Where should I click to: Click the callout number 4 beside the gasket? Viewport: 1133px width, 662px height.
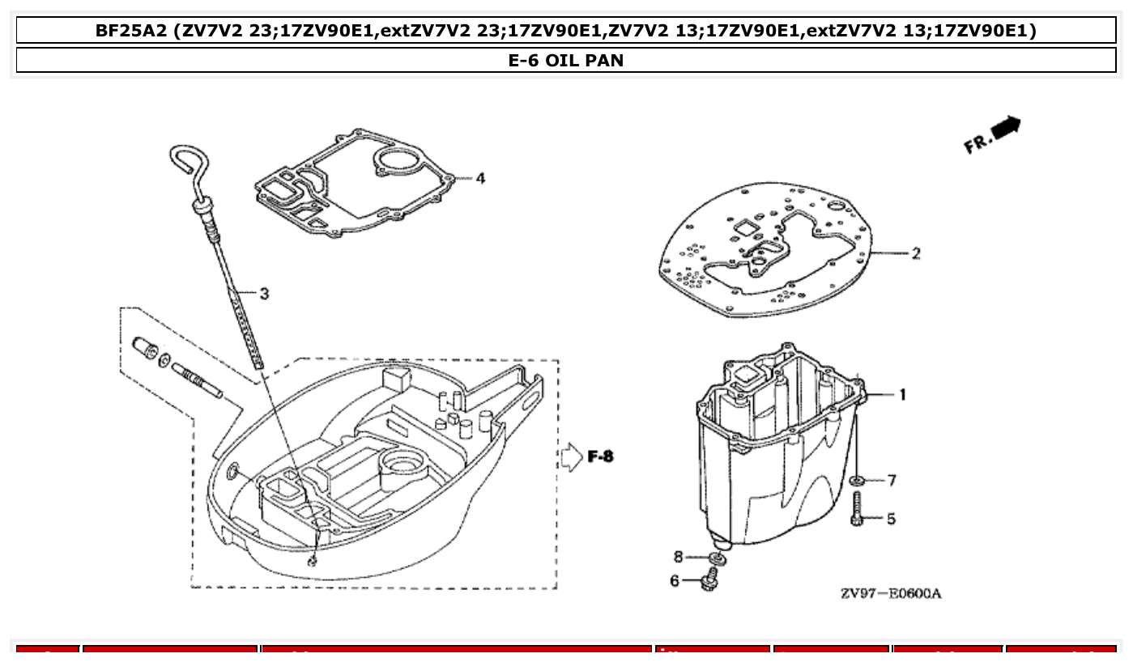pyautogui.click(x=480, y=178)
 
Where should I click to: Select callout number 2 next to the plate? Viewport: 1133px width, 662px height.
pyautogui.click(x=915, y=253)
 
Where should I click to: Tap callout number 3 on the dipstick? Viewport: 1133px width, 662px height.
pyautogui.click(x=264, y=294)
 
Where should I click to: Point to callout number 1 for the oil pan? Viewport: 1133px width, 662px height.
pyautogui.click(x=902, y=395)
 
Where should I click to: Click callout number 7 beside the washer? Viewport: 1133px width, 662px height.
pyautogui.click(x=892, y=481)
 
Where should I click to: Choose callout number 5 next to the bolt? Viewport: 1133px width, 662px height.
pyautogui.click(x=891, y=518)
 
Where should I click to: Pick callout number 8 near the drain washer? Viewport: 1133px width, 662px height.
pyautogui.click(x=679, y=556)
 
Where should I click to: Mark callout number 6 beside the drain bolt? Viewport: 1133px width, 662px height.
pyautogui.click(x=674, y=580)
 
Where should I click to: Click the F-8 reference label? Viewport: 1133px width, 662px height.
pyautogui.click(x=600, y=457)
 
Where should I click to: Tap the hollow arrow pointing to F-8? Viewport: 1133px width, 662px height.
pyautogui.click(x=571, y=457)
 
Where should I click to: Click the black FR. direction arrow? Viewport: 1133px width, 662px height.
pyautogui.click(x=1006, y=128)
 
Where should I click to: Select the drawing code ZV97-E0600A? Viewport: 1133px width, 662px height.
pyautogui.click(x=890, y=593)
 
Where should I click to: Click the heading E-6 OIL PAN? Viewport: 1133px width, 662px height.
pyautogui.click(x=566, y=60)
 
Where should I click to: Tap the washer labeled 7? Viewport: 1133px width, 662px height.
pyautogui.click(x=858, y=482)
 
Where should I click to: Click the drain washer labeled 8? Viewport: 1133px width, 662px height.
pyautogui.click(x=716, y=558)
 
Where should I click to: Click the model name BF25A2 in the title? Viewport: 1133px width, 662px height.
pyautogui.click(x=130, y=32)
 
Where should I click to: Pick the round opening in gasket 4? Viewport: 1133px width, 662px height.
pyautogui.click(x=397, y=161)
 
